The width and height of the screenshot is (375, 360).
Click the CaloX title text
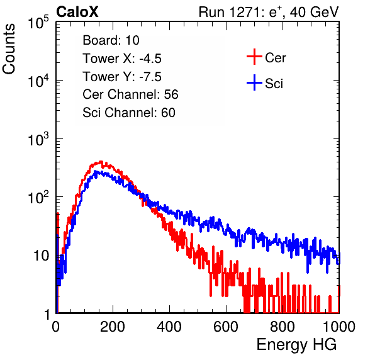pyautogui.click(x=77, y=12)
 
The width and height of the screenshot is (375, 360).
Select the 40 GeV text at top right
pyautogui.click(x=314, y=12)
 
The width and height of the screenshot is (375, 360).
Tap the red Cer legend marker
pyautogui.click(x=254, y=57)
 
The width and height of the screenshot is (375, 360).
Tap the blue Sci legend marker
pyautogui.click(x=254, y=82)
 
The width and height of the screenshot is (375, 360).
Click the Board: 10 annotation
pyautogui.click(x=111, y=40)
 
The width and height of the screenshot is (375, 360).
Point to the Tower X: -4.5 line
pyautogui.click(x=122, y=59)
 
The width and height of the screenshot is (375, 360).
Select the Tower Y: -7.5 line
pyautogui.click(x=122, y=77)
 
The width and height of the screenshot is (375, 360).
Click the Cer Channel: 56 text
pyautogui.click(x=130, y=94)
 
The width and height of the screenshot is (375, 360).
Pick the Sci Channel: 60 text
pyautogui.click(x=129, y=113)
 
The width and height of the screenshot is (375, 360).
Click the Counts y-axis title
pyautogui.click(x=9, y=49)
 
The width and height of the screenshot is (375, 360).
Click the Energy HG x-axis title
pyautogui.click(x=296, y=345)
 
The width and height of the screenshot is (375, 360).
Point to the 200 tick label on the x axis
pyautogui.click(x=113, y=327)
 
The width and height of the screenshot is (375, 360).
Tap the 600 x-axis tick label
pyautogui.click(x=226, y=327)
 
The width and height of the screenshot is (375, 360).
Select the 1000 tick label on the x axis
pyautogui.click(x=339, y=327)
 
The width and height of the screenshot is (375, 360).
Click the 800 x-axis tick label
pyautogui.click(x=283, y=327)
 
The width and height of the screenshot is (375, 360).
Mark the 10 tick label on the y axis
pyautogui.click(x=41, y=256)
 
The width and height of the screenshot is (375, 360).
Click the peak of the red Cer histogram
pyautogui.click(x=101, y=162)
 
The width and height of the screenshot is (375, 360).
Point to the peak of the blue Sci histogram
pyautogui.click(x=96, y=172)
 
